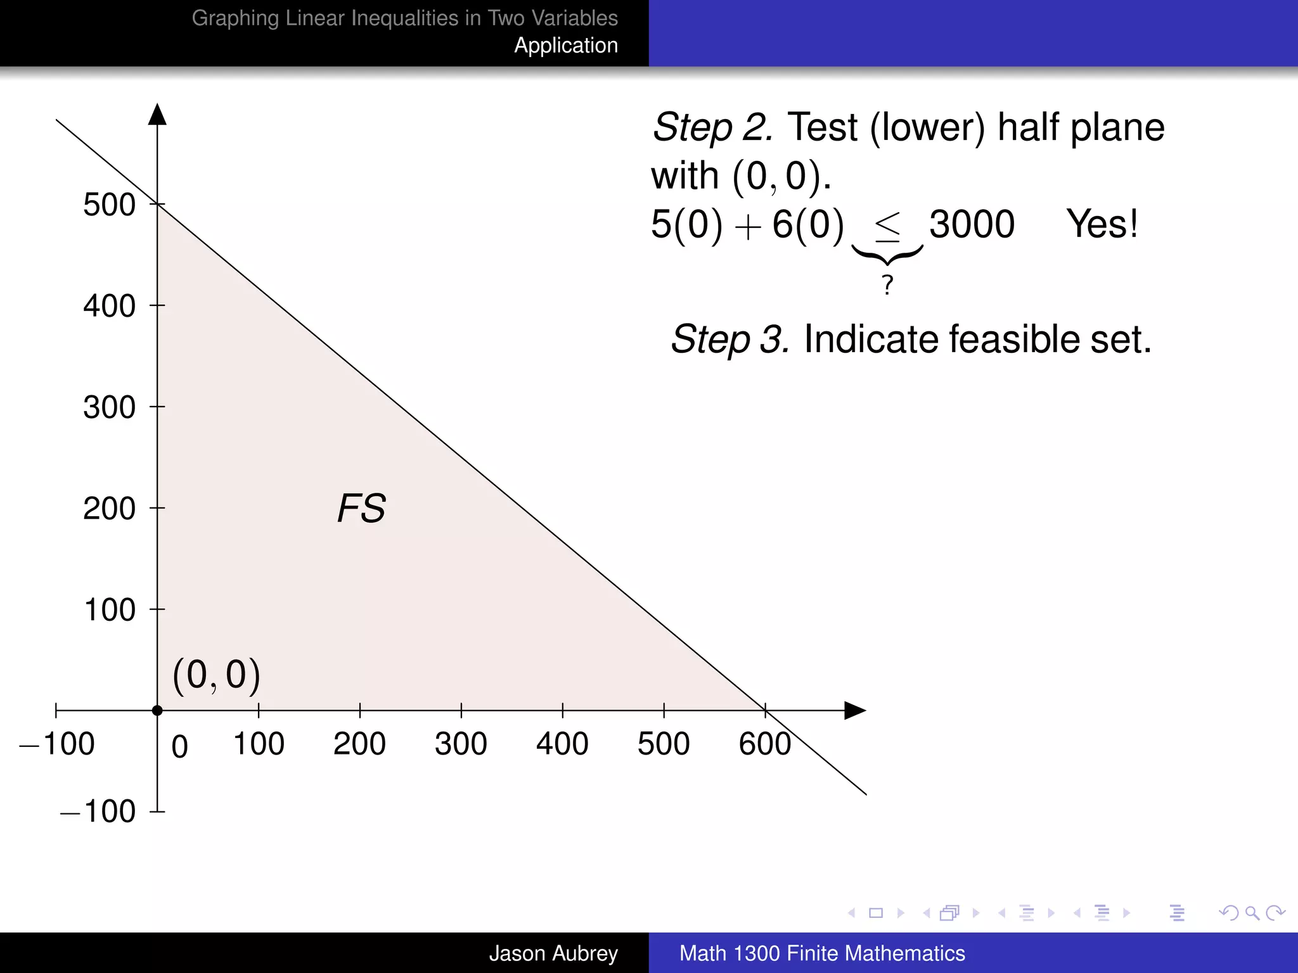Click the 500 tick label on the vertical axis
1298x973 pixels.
(x=109, y=205)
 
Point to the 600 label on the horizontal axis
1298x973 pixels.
(x=764, y=744)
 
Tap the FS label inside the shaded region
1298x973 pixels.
(x=361, y=508)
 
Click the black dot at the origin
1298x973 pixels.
(x=157, y=711)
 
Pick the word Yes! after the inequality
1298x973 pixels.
(x=1102, y=224)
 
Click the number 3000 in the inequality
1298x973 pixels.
(x=972, y=224)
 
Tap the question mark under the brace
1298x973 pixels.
(x=887, y=285)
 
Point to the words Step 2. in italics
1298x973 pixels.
(x=712, y=128)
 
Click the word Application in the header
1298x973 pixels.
(x=565, y=46)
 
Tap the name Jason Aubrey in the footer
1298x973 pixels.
(x=553, y=953)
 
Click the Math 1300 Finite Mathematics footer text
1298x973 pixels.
(x=822, y=953)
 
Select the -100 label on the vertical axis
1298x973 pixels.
(x=98, y=811)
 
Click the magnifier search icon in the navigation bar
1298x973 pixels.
(x=1252, y=913)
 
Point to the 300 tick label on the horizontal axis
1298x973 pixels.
(x=461, y=744)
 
